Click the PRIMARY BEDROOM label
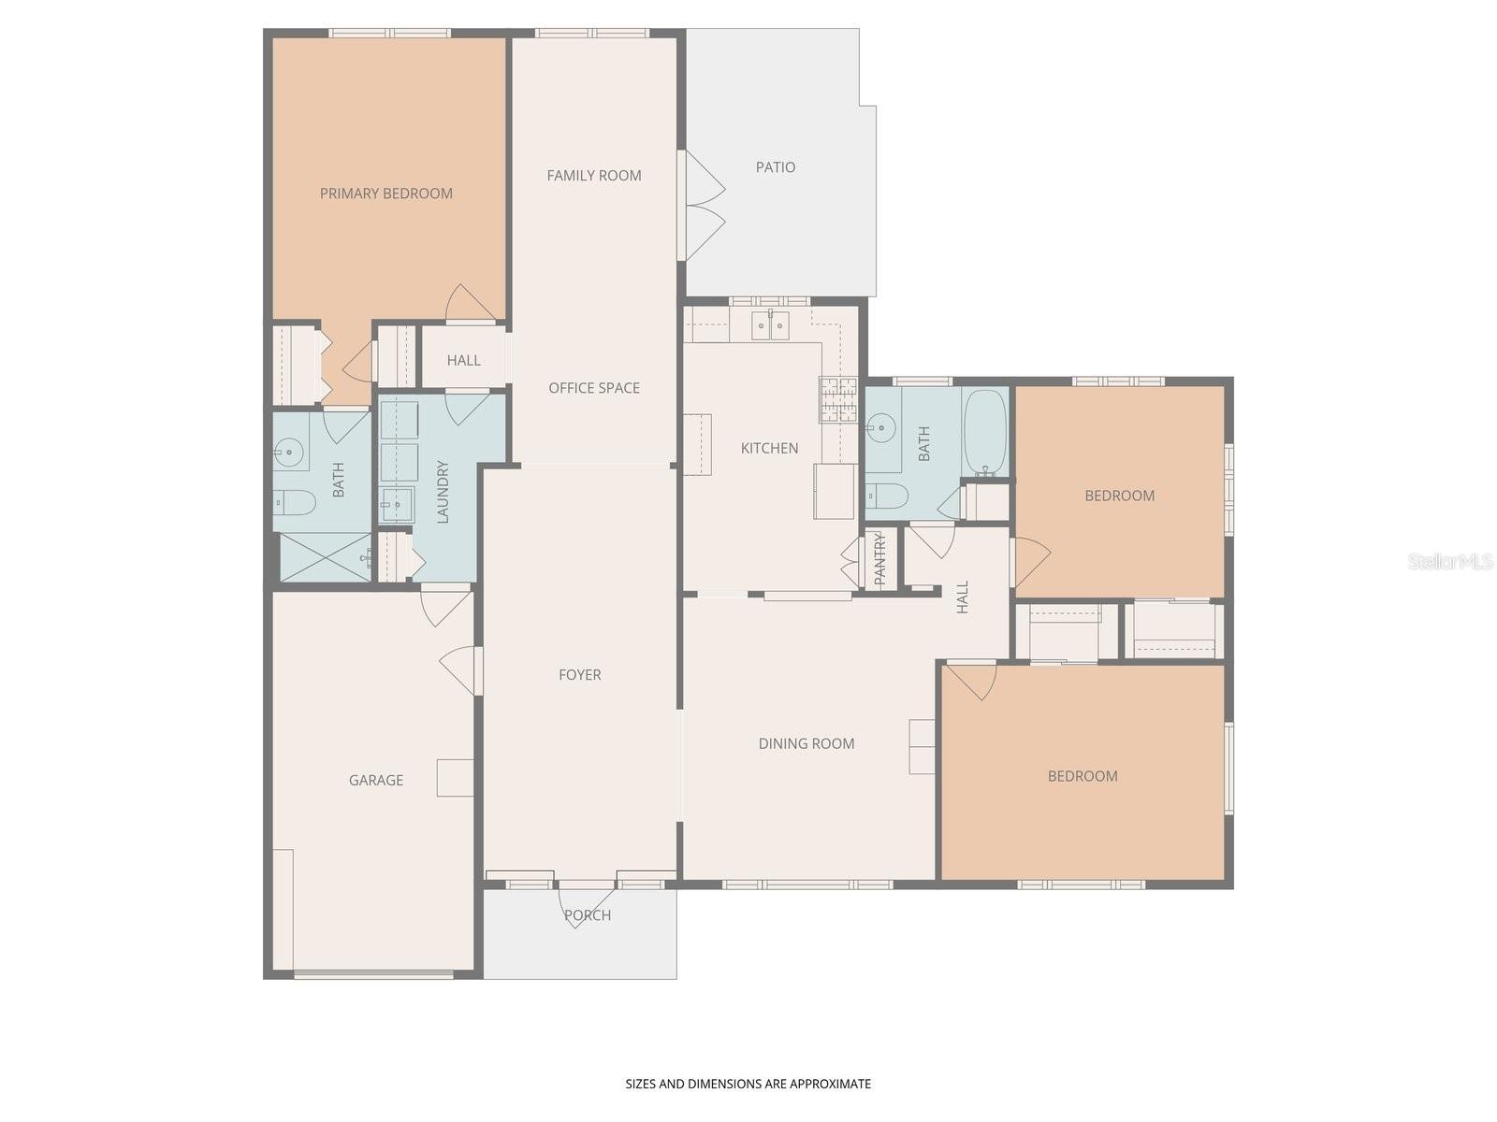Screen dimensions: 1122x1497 click(x=385, y=194)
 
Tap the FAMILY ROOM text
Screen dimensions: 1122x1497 click(x=594, y=176)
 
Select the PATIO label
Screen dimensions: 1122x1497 click(x=776, y=167)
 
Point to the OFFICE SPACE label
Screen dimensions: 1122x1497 click(x=594, y=388)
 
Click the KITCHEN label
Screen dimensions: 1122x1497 click(x=769, y=449)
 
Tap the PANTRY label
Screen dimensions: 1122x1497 click(x=879, y=559)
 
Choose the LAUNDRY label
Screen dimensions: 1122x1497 click(x=443, y=492)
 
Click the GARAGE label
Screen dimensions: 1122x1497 click(x=376, y=780)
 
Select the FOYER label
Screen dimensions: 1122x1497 click(x=579, y=675)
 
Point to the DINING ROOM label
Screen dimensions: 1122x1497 click(x=806, y=744)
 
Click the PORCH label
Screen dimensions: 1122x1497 click(x=588, y=915)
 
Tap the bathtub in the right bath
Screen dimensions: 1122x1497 click(x=984, y=432)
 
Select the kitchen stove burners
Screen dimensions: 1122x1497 click(x=838, y=400)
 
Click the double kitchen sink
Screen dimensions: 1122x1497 click(x=771, y=325)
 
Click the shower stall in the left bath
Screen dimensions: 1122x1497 click(x=324, y=557)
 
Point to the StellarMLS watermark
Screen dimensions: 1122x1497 click(x=1449, y=562)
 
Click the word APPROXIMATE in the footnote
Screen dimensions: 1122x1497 click(x=831, y=1085)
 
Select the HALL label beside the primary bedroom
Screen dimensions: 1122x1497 click(x=463, y=361)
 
